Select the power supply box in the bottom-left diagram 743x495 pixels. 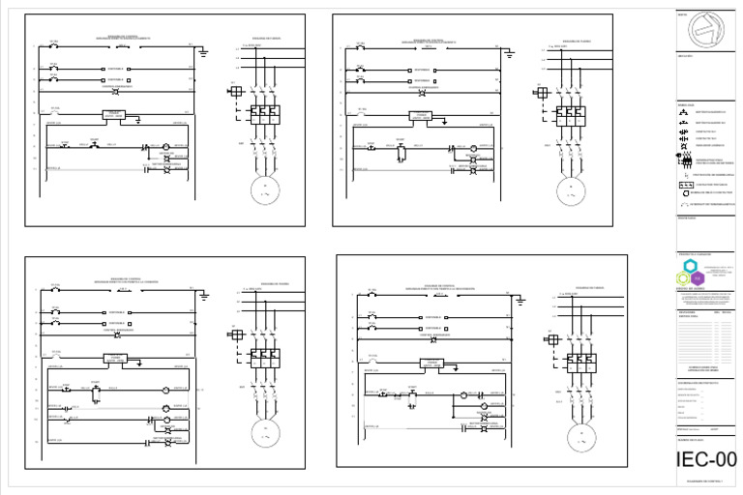(113, 358)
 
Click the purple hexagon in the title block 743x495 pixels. (697, 278)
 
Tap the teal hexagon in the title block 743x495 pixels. (690, 266)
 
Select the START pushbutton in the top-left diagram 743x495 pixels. (95, 145)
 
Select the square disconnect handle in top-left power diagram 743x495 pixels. (234, 91)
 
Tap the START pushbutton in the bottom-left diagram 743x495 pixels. (95, 388)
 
